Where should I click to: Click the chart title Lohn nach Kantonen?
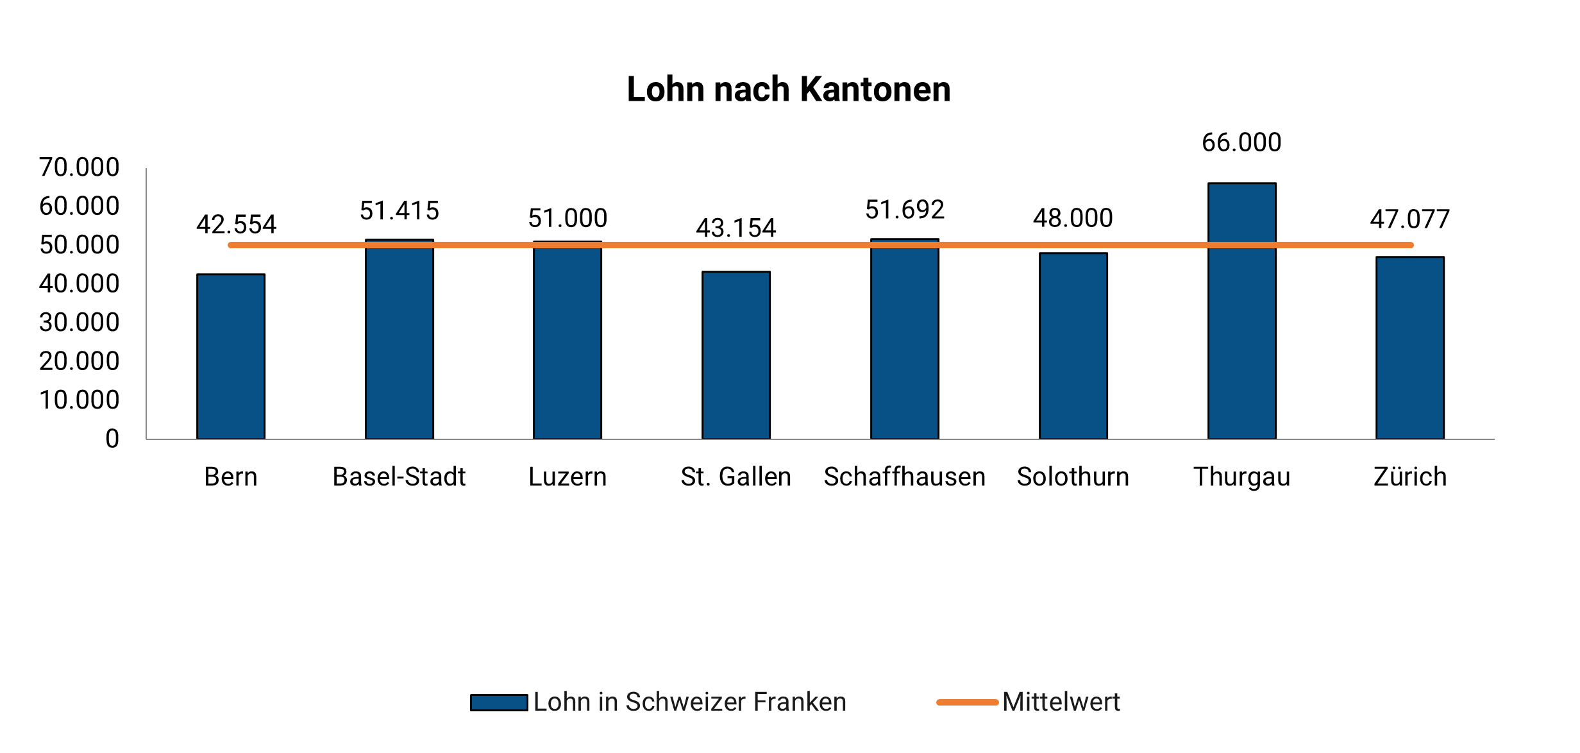[x=788, y=89]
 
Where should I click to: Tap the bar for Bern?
[x=231, y=359]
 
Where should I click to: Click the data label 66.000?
[x=1241, y=142]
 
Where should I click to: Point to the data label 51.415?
[x=399, y=211]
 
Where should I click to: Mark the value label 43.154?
[x=735, y=228]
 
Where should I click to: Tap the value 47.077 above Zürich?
[x=1409, y=220]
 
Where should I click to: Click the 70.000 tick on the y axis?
[x=80, y=167]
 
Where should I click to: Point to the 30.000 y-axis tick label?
[x=80, y=323]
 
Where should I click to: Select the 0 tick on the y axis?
[x=112, y=439]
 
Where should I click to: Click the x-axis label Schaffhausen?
[x=904, y=477]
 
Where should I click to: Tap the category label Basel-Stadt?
[x=399, y=477]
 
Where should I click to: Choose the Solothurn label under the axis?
[x=1073, y=477]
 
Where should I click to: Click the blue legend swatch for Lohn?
[x=499, y=702]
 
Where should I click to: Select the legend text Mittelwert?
[x=1061, y=702]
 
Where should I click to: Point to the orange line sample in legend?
[x=967, y=702]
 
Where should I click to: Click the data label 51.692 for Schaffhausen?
[x=904, y=210]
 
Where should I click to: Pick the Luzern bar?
[x=567, y=346]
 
